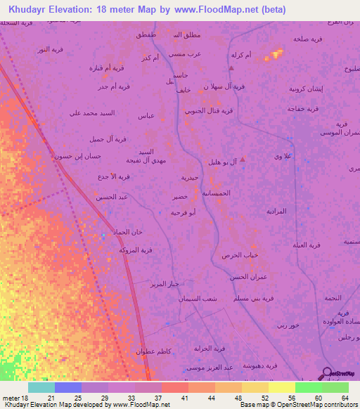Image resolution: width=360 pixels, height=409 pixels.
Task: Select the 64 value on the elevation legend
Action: (345, 398)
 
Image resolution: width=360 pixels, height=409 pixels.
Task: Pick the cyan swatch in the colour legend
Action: (41, 387)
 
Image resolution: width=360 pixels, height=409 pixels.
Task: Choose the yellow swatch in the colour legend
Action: (281, 387)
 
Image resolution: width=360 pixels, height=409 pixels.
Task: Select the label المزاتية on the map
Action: (276, 211)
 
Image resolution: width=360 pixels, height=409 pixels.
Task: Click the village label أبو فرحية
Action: (183, 212)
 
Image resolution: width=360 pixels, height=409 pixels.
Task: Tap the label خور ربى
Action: (288, 325)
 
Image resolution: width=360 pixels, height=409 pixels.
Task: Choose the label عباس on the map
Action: (147, 115)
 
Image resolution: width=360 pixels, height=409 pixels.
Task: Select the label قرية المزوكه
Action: (136, 250)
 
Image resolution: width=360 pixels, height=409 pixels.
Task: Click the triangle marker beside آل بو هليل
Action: (243, 160)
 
